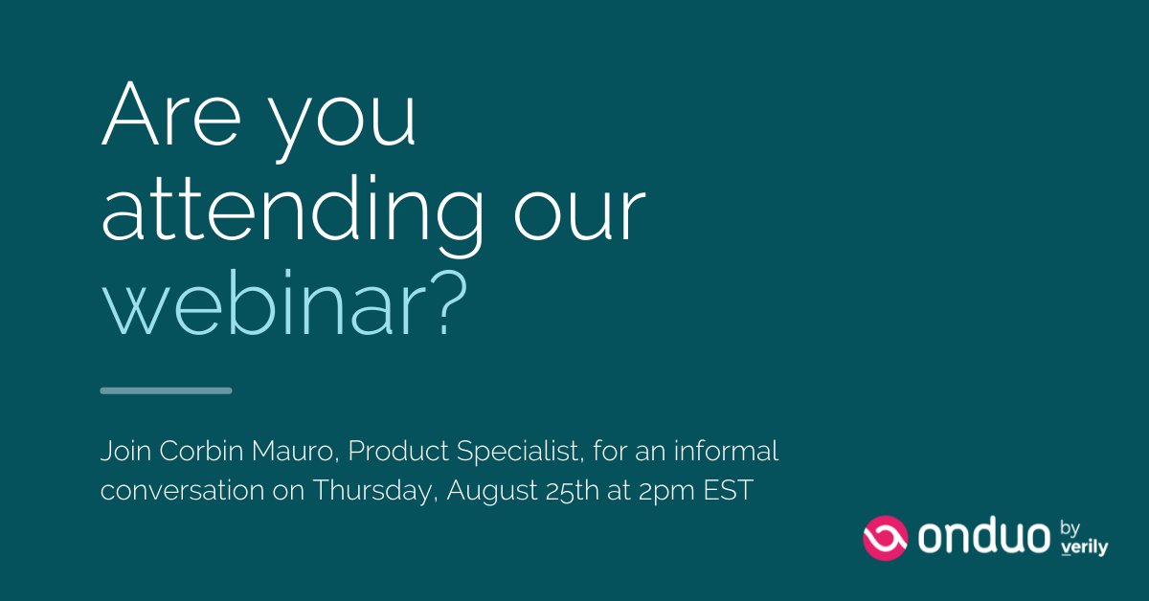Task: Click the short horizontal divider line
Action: pos(166,390)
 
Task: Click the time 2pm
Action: pos(660,492)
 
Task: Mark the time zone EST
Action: pos(728,491)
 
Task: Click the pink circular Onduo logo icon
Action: pos(885,538)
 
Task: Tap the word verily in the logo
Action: pos(1085,548)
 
